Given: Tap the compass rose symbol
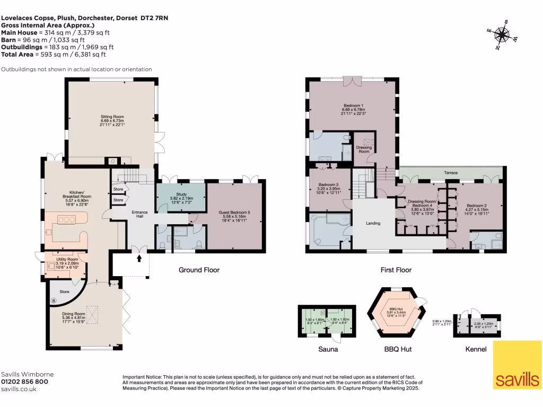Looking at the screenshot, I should (501, 35).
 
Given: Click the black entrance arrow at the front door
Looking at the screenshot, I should (139, 259).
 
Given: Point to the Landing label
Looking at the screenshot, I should (373, 223).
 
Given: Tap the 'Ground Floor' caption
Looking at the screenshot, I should (198, 270).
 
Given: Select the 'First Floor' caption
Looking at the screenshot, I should (396, 270).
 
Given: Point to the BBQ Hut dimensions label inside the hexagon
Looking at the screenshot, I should (397, 313).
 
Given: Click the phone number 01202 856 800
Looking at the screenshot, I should (25, 382).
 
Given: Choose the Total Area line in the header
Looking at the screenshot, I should (54, 54).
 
